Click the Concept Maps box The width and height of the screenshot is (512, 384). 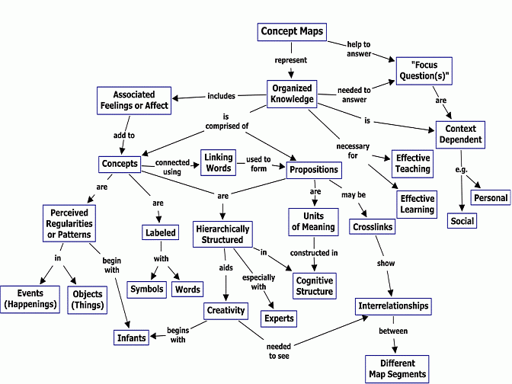point(292,32)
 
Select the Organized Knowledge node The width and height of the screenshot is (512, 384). point(292,94)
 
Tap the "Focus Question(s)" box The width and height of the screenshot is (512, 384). point(424,71)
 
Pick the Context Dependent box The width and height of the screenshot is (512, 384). point(460,135)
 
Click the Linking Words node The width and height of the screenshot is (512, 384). point(219,162)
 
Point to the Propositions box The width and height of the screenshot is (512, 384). point(314,170)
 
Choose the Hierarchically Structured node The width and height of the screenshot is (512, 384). point(222,234)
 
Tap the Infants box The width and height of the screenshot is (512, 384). point(131,338)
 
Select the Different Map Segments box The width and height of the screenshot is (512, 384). point(397,369)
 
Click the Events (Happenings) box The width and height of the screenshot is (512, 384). point(30,299)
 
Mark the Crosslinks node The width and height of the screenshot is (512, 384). point(373,226)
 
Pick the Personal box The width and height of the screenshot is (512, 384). point(491,197)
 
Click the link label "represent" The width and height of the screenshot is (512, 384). point(290,60)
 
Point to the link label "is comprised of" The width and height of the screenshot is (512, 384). point(227,121)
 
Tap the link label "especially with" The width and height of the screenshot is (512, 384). point(258,282)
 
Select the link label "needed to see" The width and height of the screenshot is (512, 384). point(279,351)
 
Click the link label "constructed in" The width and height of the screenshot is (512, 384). point(314,253)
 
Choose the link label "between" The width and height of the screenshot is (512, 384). point(393,331)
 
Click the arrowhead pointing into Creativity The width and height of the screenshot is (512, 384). point(226,297)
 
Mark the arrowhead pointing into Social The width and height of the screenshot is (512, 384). point(462,208)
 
